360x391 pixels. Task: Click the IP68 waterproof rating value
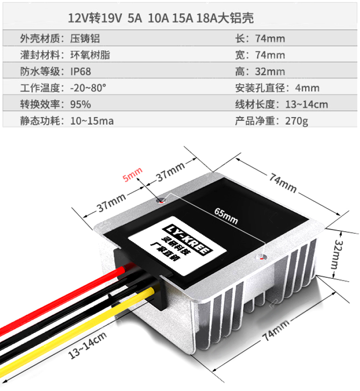point(81,71)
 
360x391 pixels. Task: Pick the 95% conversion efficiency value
point(80,104)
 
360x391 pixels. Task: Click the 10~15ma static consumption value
point(92,120)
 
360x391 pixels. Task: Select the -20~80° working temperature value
point(87,88)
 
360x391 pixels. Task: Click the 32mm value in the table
point(270,71)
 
